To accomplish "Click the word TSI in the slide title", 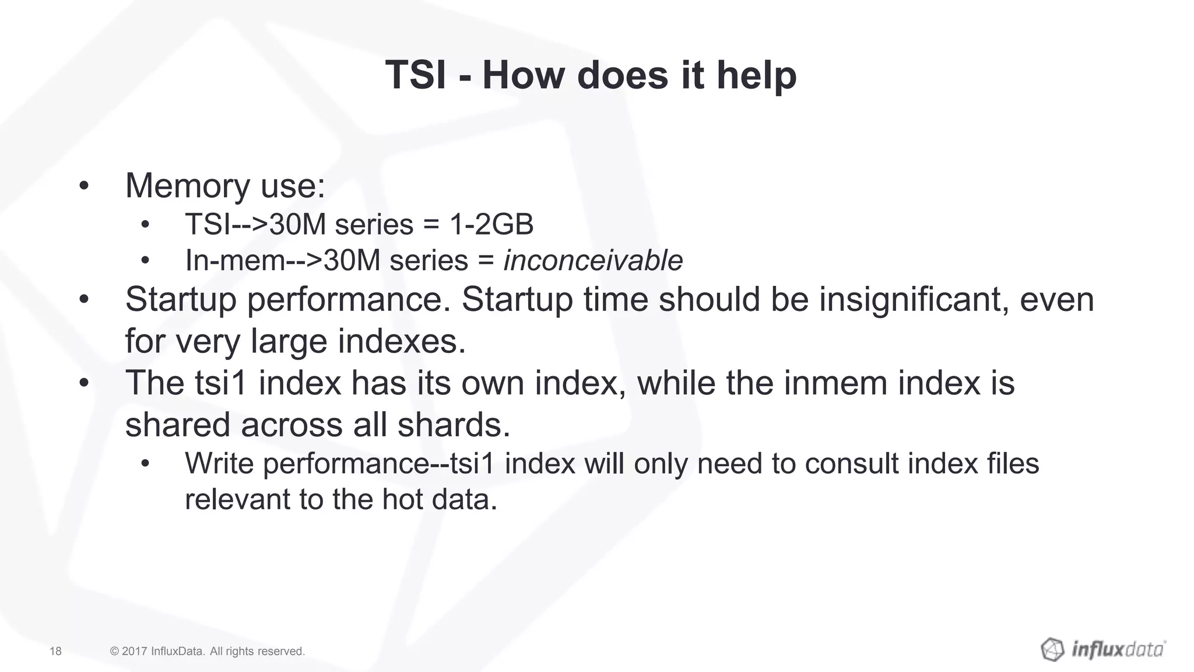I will pos(416,76).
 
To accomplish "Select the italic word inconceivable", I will pos(593,260).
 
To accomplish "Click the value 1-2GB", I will pos(491,225).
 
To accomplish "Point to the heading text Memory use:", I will pos(225,186).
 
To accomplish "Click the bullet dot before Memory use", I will pos(84,187).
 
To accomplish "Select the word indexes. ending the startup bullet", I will pos(402,341).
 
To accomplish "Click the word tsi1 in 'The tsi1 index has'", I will pos(221,383).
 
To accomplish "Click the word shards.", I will pos(454,425).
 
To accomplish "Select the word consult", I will pos(851,464).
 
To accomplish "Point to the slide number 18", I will pos(55,651).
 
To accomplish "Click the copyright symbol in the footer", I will pos(115,651).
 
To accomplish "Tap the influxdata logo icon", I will pos(1052,649).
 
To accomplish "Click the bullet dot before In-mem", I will pos(145,261).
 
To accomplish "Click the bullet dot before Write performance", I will pos(145,464).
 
